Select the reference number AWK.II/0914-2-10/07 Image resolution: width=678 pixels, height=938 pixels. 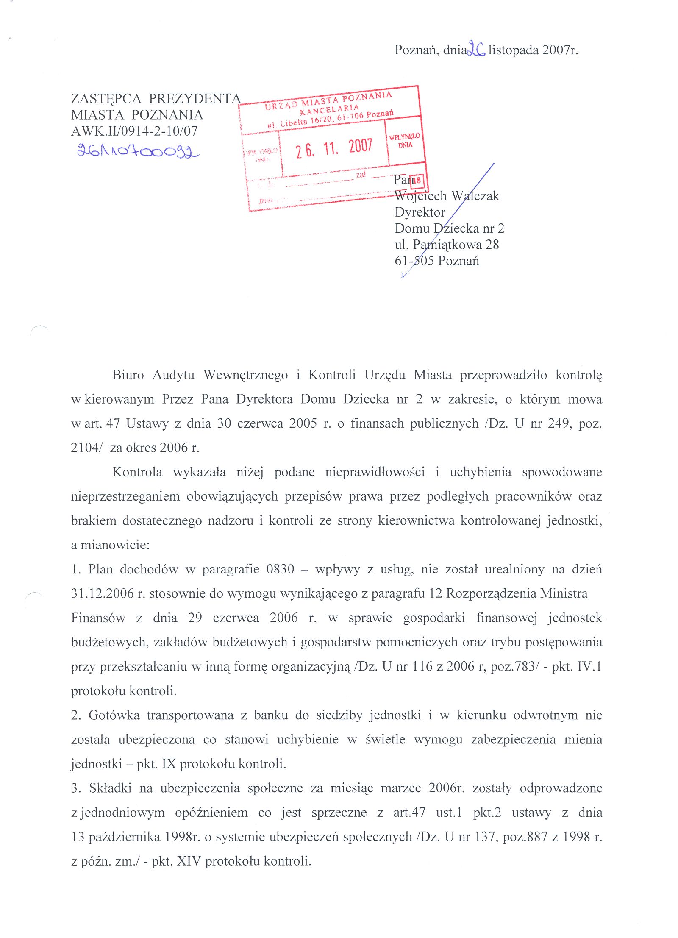pyautogui.click(x=134, y=131)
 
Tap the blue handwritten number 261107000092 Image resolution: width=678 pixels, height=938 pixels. pyautogui.click(x=138, y=150)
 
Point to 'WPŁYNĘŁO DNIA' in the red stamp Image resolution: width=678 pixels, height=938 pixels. pyautogui.click(x=404, y=140)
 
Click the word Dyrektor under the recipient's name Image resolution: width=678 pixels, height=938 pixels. pyautogui.click(x=420, y=212)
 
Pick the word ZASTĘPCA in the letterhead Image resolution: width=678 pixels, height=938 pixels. pyautogui.click(x=106, y=98)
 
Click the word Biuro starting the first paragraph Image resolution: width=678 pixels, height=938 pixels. pyautogui.click(x=128, y=375)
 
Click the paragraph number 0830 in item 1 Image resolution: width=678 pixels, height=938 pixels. pyautogui.click(x=280, y=569)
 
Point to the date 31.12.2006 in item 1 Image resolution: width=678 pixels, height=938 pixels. pyautogui.click(x=102, y=593)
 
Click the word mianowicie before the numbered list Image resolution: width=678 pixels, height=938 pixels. pyautogui.click(x=114, y=545)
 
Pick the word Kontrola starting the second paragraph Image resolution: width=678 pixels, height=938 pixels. pyautogui.click(x=137, y=472)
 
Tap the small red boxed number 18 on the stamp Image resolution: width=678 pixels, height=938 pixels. pyautogui.click(x=417, y=181)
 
